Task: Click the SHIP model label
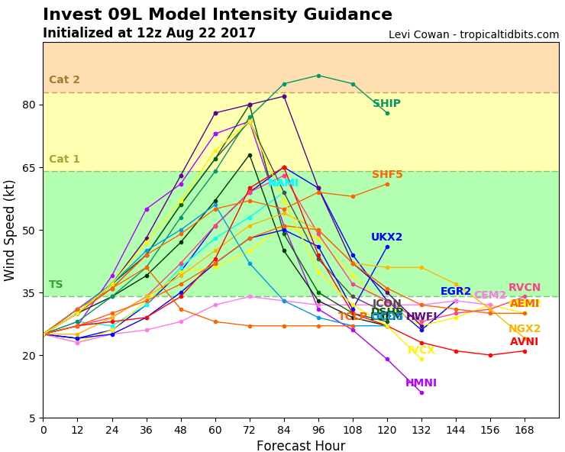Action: click(386, 104)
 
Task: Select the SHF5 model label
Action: click(387, 175)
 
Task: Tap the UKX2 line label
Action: click(386, 237)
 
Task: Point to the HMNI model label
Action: click(421, 383)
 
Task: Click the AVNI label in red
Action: click(524, 342)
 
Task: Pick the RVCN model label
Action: click(524, 288)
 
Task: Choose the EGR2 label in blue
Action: click(456, 292)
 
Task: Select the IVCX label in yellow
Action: click(421, 350)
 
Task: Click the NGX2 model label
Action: click(524, 329)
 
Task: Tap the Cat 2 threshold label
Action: click(64, 80)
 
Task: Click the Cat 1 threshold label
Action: click(64, 160)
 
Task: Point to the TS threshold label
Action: click(56, 285)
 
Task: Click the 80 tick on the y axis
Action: click(28, 105)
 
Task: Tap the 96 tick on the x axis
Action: click(318, 429)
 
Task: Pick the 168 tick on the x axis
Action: click(525, 429)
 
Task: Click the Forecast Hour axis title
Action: click(301, 446)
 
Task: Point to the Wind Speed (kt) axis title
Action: click(10, 230)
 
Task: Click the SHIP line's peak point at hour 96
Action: click(318, 76)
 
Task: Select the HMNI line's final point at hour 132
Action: click(421, 392)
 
